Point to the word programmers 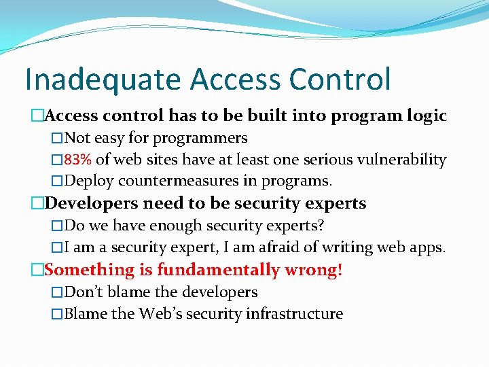coord(200,139)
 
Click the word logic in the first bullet coord(426,116)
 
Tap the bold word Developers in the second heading coord(92,203)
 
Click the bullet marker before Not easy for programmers coord(57,139)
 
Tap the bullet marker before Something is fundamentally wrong coord(37,270)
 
